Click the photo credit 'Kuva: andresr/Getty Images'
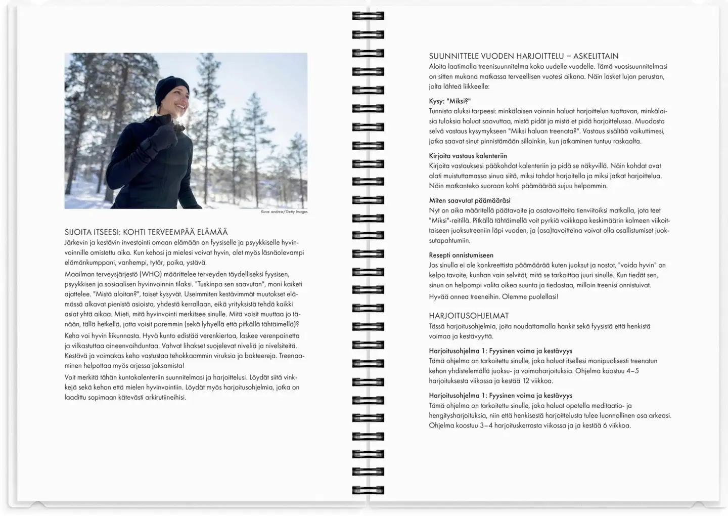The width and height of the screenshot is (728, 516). [x=284, y=212]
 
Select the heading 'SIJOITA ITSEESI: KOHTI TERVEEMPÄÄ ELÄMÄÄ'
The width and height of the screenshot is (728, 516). [x=146, y=232]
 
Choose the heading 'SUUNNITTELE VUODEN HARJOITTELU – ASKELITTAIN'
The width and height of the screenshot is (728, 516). [x=523, y=56]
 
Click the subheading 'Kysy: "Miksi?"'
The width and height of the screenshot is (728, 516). [x=449, y=101]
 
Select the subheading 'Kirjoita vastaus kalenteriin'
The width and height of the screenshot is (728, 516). [x=468, y=156]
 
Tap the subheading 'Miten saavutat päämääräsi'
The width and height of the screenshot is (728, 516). [x=470, y=200]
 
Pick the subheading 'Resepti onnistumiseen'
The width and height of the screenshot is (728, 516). [x=461, y=255]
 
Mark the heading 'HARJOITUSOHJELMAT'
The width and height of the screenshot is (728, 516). [x=469, y=316]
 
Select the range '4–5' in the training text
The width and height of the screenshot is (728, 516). [x=630, y=371]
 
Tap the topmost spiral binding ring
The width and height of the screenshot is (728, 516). [x=368, y=16]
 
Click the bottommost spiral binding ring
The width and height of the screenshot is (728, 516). [x=368, y=490]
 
